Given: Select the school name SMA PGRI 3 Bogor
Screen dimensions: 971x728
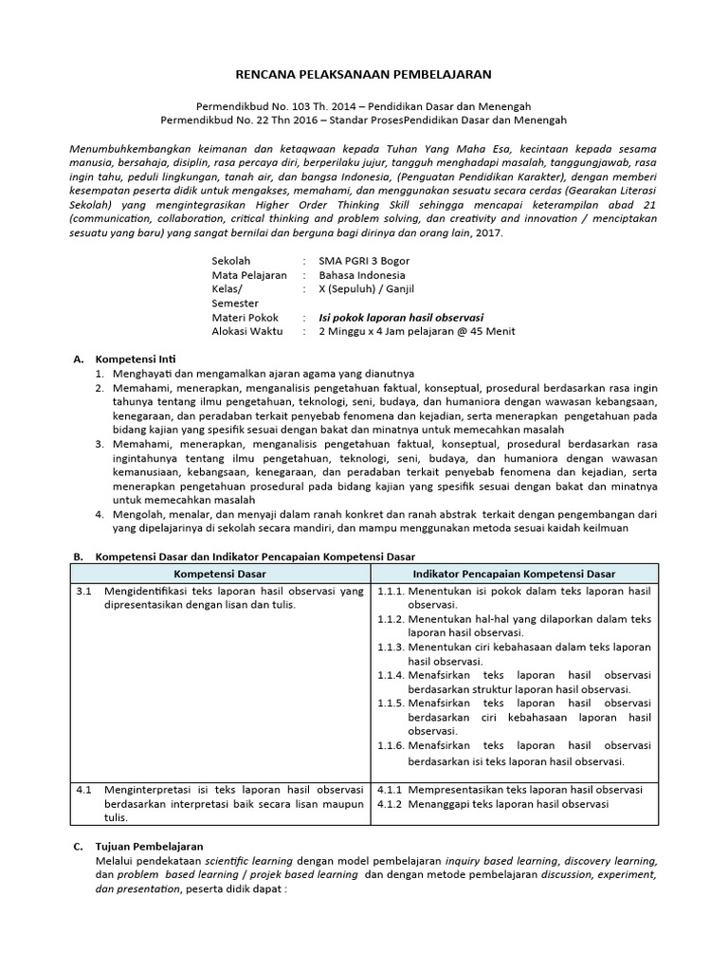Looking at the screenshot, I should [x=365, y=260].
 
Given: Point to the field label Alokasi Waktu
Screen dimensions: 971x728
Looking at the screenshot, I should [x=247, y=331].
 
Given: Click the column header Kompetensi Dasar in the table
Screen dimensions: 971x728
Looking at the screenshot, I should [x=219, y=574].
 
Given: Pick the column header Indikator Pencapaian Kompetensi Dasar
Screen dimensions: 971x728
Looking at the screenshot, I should [x=514, y=574].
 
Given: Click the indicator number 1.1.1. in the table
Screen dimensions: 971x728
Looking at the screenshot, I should [x=392, y=591].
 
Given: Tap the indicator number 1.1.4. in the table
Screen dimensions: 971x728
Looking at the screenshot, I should [x=392, y=675].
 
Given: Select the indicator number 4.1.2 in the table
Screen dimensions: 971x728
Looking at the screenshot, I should [x=391, y=804].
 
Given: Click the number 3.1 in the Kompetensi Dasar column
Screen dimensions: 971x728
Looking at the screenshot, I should [x=83, y=591].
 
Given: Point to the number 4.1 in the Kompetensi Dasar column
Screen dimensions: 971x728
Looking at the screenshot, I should [x=83, y=789].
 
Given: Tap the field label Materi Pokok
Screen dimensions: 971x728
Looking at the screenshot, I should [x=246, y=317].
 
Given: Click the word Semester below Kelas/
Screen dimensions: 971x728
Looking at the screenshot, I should [x=237, y=302].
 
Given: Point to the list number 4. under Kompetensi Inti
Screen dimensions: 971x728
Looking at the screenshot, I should [x=100, y=513].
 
